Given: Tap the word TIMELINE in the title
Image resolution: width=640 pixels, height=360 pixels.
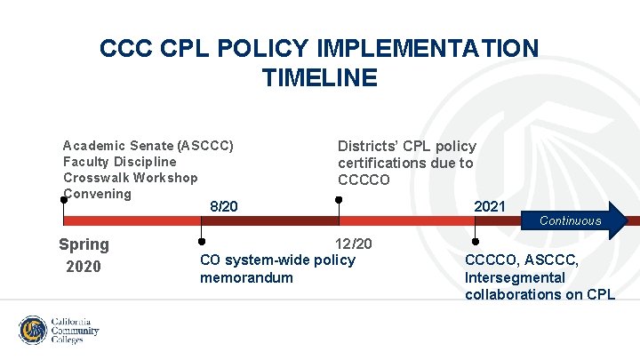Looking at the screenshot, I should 320,78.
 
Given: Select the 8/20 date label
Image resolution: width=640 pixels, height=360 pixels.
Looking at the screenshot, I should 224,206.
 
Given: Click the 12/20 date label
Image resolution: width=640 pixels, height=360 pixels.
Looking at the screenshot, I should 353,244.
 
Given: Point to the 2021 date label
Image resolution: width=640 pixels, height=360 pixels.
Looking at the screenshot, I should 490,206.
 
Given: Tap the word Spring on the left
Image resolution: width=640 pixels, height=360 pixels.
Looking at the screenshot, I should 84,244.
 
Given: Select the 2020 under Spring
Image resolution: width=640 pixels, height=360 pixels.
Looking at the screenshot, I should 84,267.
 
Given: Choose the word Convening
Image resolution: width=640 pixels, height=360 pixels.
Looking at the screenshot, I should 97,194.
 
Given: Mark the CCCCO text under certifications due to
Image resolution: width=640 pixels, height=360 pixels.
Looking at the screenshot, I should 364,180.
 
